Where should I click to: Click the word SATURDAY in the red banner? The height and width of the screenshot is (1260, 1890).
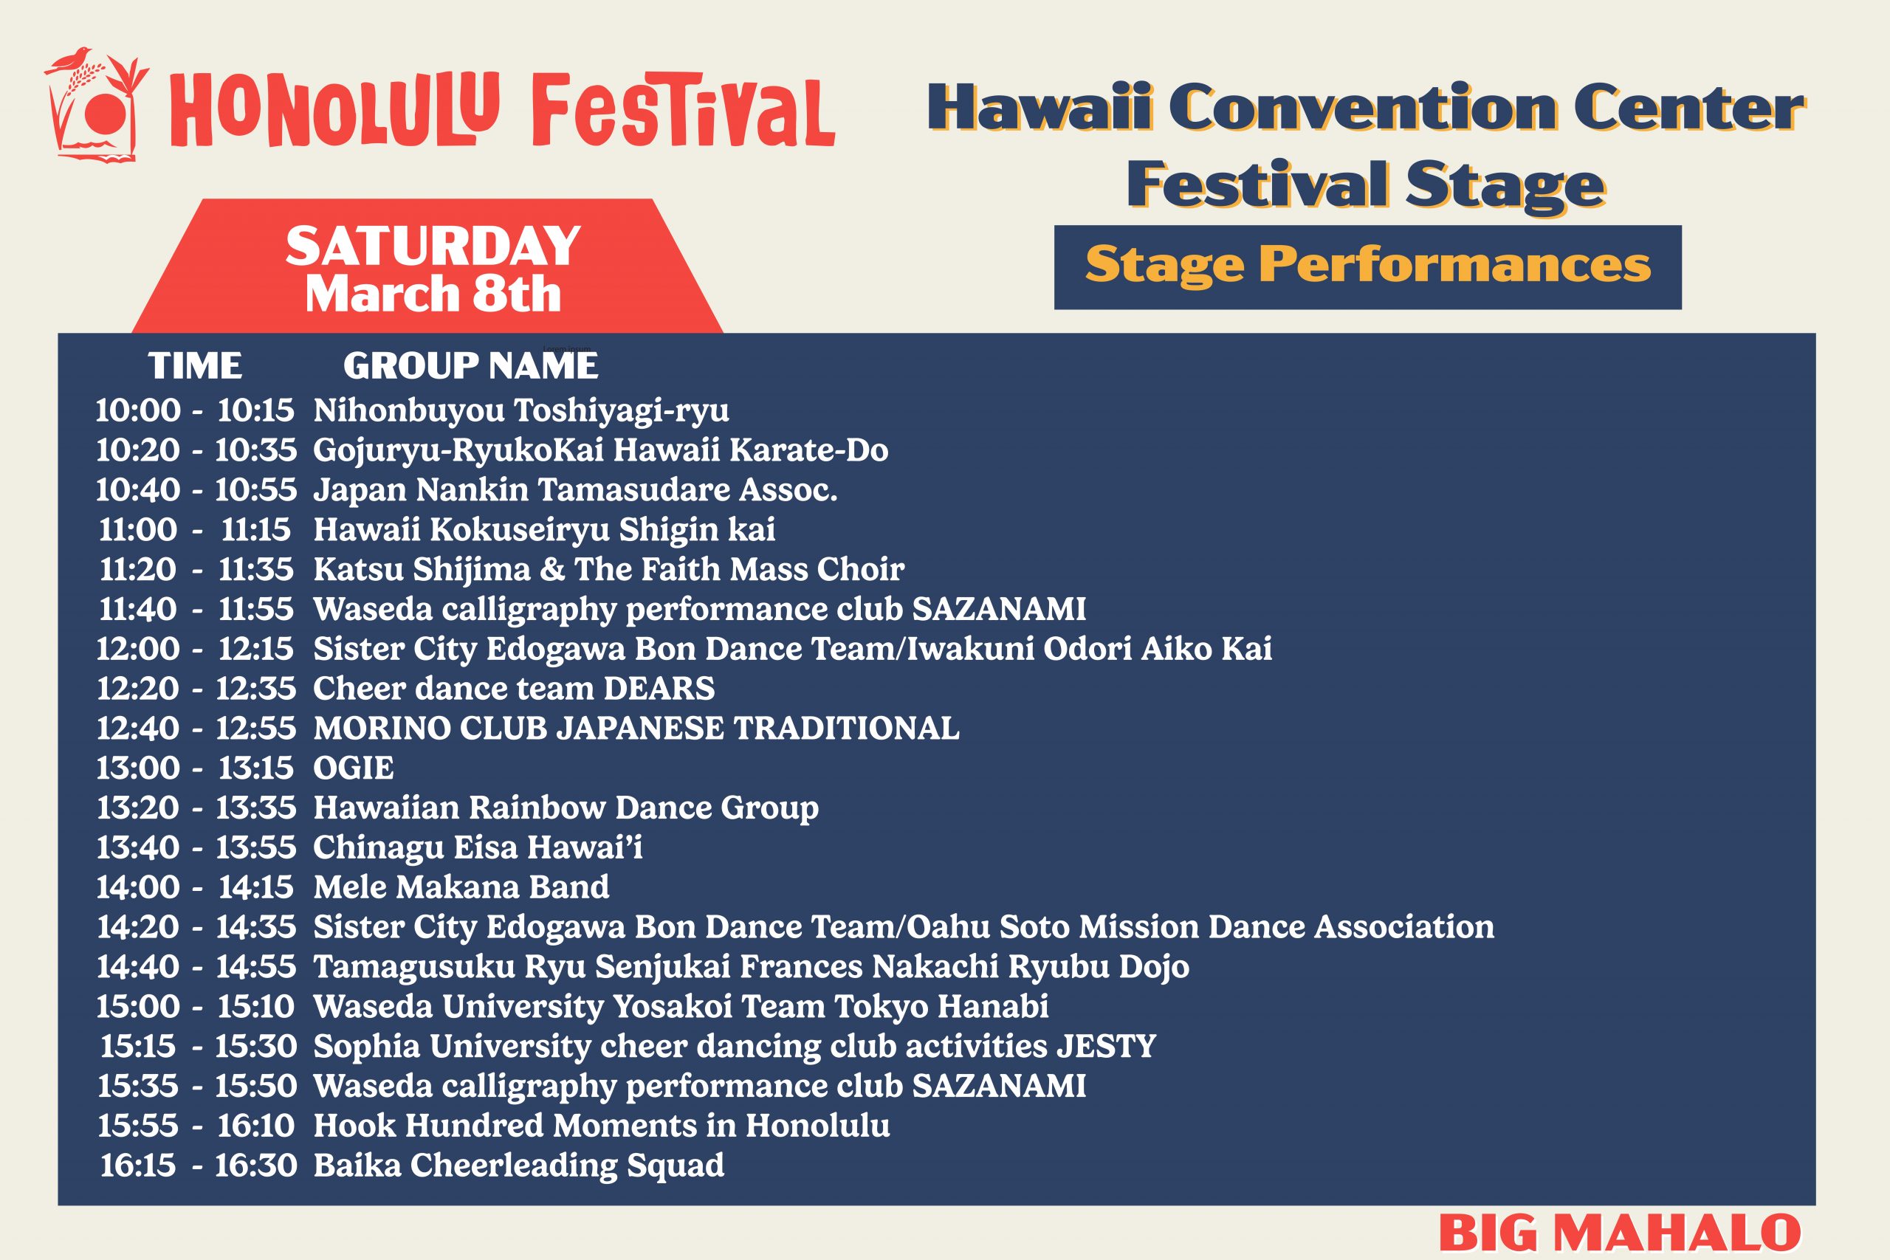pyautogui.click(x=433, y=246)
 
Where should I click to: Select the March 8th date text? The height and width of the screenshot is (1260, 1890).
pyautogui.click(x=433, y=294)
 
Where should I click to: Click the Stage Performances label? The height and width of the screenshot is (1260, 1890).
pyautogui.click(x=1368, y=265)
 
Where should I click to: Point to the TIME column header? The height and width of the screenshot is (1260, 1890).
pyautogui.click(x=195, y=366)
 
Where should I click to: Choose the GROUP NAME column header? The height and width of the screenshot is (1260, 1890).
pyautogui.click(x=471, y=366)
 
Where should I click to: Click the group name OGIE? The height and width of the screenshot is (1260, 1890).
pyautogui.click(x=354, y=768)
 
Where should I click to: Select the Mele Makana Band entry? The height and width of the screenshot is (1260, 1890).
pyautogui.click(x=461, y=887)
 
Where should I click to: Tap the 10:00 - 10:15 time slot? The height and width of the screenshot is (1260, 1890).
pyautogui.click(x=195, y=410)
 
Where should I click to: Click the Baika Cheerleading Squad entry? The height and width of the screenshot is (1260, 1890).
pyautogui.click(x=518, y=1166)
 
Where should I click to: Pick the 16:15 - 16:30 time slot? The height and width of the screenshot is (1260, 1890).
pyautogui.click(x=198, y=1166)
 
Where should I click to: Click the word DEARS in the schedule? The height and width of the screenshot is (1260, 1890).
pyautogui.click(x=659, y=689)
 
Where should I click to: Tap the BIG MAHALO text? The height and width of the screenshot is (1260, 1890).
pyautogui.click(x=1620, y=1233)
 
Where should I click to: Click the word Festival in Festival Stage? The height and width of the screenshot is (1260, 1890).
pyautogui.click(x=1258, y=185)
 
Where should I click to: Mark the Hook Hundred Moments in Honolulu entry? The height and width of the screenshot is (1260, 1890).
pyautogui.click(x=601, y=1126)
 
